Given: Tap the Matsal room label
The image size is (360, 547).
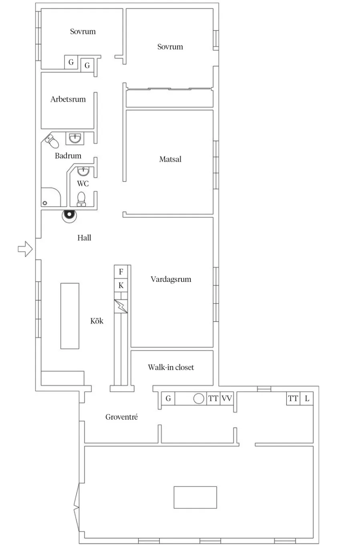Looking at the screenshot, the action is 170,159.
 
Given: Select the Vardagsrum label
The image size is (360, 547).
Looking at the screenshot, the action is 171,280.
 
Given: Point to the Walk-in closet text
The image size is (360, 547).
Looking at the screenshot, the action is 171,367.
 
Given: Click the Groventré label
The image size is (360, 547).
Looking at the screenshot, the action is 122,417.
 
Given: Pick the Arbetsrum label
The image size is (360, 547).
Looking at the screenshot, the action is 68,99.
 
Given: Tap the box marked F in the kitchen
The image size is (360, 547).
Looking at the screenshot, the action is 121,272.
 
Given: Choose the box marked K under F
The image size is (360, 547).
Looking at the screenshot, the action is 121,286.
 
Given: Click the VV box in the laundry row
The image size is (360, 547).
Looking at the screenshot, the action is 227,398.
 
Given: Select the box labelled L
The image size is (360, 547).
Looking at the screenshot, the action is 307,398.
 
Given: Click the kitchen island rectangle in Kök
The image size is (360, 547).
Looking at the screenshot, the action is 70,316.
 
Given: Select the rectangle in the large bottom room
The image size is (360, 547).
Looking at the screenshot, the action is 195,497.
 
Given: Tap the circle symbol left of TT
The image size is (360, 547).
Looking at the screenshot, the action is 199,398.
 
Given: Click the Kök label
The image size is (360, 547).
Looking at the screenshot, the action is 97,321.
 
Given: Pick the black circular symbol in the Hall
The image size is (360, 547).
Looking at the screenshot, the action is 69,215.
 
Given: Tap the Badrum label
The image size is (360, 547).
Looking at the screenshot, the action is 68,156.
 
